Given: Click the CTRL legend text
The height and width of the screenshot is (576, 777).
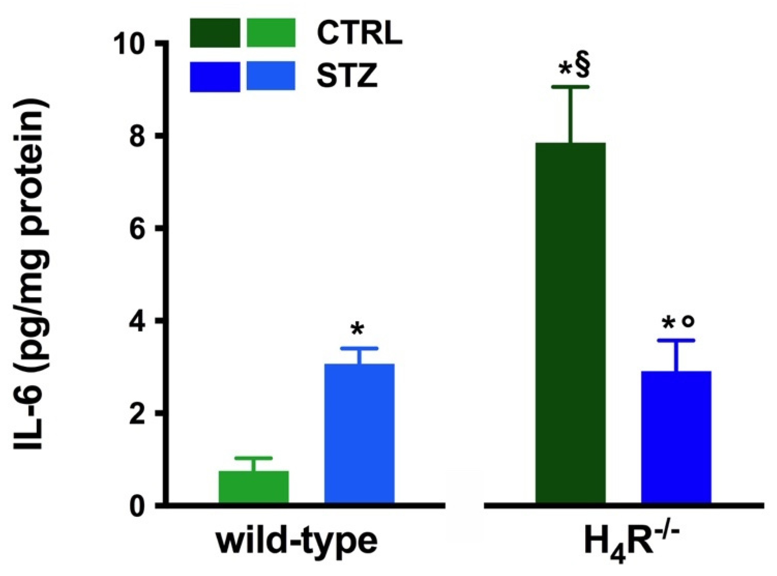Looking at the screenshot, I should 359,33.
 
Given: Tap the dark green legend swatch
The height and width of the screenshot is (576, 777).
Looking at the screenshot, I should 215,33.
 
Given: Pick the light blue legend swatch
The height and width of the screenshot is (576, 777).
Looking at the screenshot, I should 271,76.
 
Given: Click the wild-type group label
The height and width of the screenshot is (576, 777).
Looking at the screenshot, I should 297,541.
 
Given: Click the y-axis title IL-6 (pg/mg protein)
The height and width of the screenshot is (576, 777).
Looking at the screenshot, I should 32,274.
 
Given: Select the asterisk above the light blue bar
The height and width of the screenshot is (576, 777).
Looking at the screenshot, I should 357,329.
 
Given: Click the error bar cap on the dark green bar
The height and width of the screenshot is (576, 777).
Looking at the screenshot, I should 570,87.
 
